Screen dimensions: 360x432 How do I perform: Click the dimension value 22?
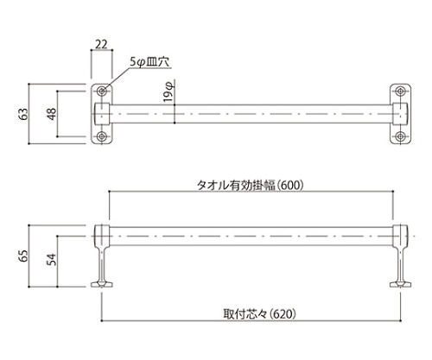(x=101, y=44)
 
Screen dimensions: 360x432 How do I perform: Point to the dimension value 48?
(x=52, y=113)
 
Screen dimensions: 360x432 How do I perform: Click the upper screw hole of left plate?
(x=102, y=91)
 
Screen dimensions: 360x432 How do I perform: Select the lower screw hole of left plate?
(x=102, y=136)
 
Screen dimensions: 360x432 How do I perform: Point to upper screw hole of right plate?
(x=401, y=91)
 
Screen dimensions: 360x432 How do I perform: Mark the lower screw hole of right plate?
(x=401, y=136)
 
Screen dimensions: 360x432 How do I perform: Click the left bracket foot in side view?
(x=102, y=281)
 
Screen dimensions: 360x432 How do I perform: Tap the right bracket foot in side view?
(x=401, y=281)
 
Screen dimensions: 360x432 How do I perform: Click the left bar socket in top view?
(x=101, y=113)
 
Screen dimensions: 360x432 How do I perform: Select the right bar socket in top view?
(x=401, y=113)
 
